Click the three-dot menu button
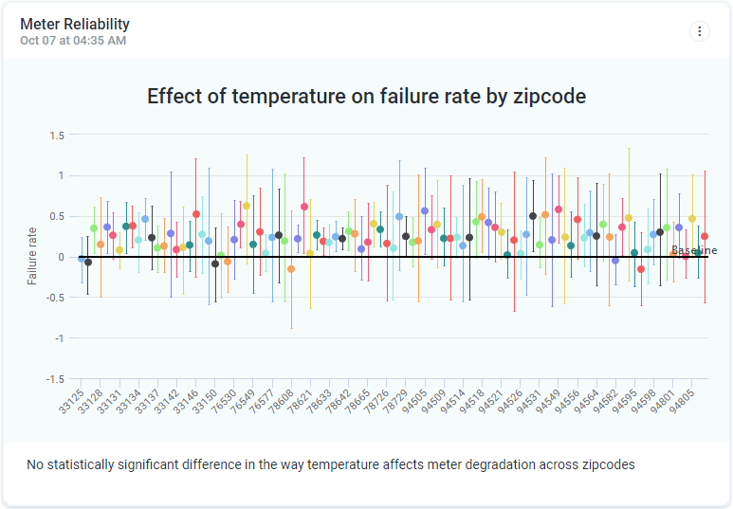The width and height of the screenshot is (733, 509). tap(700, 31)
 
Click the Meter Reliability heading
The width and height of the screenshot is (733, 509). tap(75, 25)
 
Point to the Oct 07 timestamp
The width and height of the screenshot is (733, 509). tap(73, 41)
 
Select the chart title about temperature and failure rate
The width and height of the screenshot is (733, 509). tap(366, 96)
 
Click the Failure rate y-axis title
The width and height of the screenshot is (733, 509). tap(32, 256)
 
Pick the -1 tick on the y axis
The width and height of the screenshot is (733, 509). tap(58, 338)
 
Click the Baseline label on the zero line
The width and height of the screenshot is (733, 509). tap(694, 250)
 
